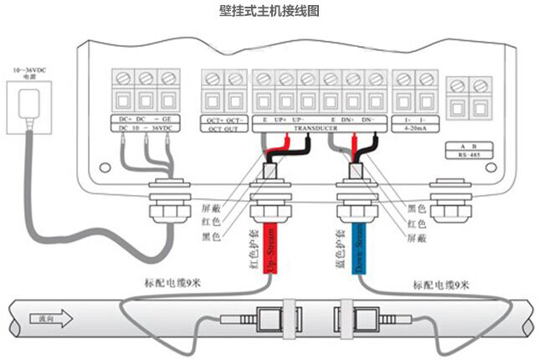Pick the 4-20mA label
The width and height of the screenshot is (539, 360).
click(x=415, y=130)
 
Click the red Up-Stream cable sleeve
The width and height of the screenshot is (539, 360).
click(x=269, y=248)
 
